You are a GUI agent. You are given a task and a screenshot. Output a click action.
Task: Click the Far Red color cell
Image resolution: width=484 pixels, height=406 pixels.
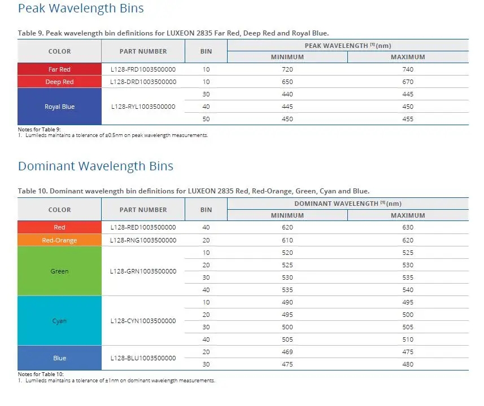pos(59,69)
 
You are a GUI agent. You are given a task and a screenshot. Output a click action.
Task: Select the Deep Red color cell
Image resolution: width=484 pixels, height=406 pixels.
pos(59,82)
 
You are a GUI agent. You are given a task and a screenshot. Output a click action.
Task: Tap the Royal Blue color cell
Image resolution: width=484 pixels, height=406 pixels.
pos(59,107)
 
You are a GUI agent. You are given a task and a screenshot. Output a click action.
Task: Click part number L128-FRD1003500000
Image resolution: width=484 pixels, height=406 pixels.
pos(143,69)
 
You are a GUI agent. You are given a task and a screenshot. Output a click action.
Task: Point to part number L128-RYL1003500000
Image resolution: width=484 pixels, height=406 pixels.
pos(143,107)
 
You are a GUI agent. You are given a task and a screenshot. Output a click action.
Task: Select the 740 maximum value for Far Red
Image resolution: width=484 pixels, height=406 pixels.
pos(408,69)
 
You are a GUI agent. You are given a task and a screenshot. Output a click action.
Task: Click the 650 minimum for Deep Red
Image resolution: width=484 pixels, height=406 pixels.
pos(287,82)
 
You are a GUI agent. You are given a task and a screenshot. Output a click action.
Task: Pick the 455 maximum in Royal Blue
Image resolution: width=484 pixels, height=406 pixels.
pos(408,119)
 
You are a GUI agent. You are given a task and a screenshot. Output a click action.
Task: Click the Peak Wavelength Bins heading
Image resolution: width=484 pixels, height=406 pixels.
pos(81,8)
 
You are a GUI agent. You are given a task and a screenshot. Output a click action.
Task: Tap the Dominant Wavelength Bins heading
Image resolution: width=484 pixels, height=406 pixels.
pos(95,166)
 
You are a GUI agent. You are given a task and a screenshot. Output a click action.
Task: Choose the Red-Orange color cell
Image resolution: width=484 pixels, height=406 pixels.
pos(59,240)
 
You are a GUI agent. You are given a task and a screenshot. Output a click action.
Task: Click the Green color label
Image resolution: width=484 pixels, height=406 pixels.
pos(59,271)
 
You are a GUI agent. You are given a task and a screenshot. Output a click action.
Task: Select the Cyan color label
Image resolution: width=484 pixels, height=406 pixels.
pos(59,321)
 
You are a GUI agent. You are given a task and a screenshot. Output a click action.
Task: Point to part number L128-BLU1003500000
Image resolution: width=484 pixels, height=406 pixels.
pos(143,358)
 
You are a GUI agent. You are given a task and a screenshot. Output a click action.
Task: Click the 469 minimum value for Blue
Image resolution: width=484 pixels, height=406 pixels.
pos(287,352)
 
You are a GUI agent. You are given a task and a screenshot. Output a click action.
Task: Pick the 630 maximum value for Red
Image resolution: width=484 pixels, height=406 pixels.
pos(408,227)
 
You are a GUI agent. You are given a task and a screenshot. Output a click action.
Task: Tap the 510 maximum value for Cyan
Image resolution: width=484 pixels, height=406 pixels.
pos(408,339)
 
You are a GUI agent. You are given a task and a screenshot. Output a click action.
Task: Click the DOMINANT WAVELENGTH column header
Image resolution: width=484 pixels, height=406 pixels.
pos(348,204)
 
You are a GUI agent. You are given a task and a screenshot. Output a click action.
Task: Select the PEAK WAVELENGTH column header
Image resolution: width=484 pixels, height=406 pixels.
pos(348,46)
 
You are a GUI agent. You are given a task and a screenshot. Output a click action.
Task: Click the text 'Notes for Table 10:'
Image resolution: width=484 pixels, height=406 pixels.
pos(41,374)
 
